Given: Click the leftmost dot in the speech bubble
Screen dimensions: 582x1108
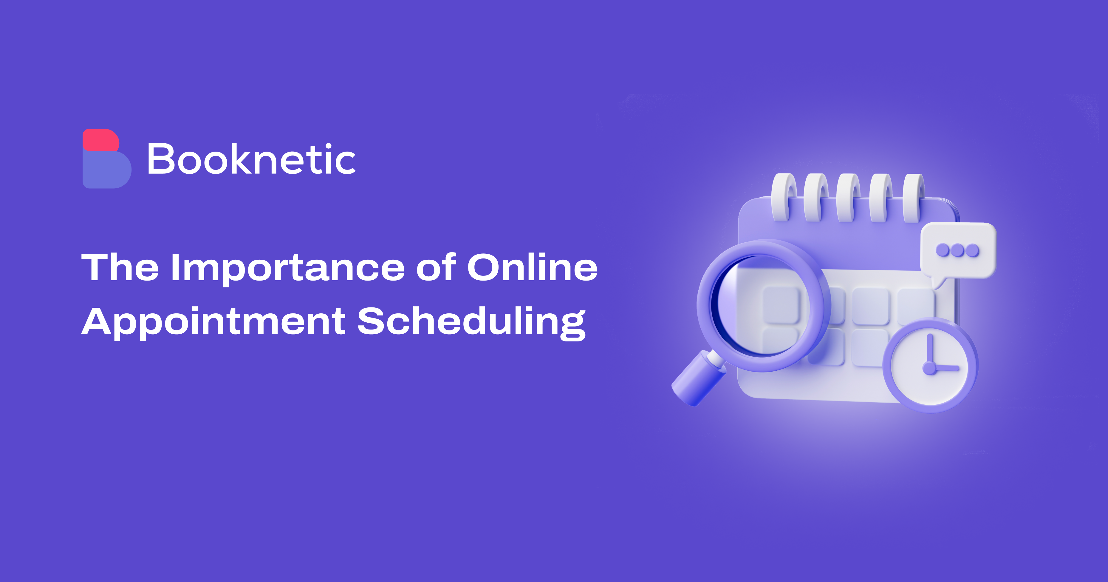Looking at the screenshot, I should [x=943, y=250].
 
